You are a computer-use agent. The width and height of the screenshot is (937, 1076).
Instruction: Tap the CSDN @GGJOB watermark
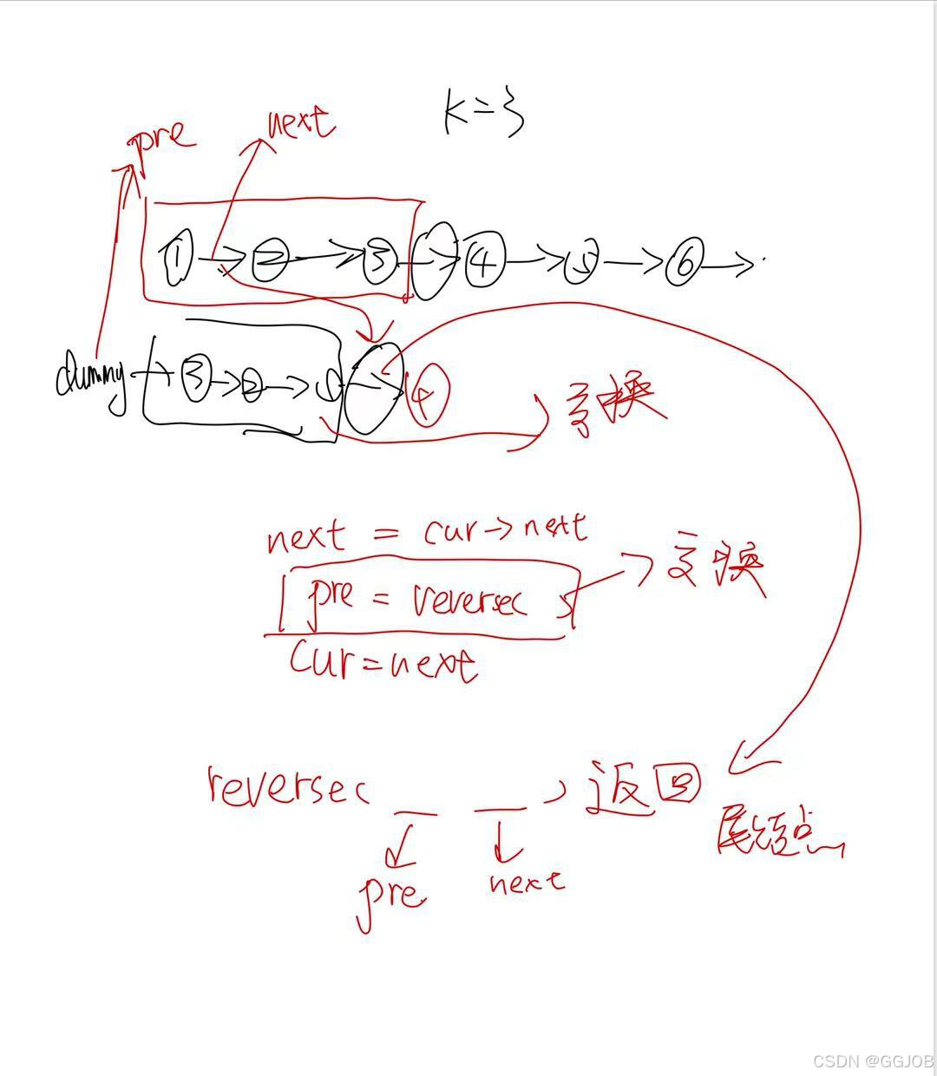coord(873,1060)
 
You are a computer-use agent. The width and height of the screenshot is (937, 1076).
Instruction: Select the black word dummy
coord(90,378)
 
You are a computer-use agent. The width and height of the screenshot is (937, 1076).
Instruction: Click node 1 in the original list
coord(178,257)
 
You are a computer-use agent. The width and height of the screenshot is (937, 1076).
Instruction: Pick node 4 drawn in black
coord(481,262)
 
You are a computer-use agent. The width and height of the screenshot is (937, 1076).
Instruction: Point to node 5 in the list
coord(580,266)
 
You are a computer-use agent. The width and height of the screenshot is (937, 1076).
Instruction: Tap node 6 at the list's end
coord(684,263)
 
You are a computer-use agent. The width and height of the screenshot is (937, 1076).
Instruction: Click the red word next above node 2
coord(299,125)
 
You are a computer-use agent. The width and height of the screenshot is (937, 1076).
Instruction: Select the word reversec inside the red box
coord(469,600)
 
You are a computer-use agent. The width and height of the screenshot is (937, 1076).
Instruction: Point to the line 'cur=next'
coord(383,662)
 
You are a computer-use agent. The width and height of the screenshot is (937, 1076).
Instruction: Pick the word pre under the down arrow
coord(392,893)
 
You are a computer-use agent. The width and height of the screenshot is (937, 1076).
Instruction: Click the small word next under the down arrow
coord(526,882)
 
